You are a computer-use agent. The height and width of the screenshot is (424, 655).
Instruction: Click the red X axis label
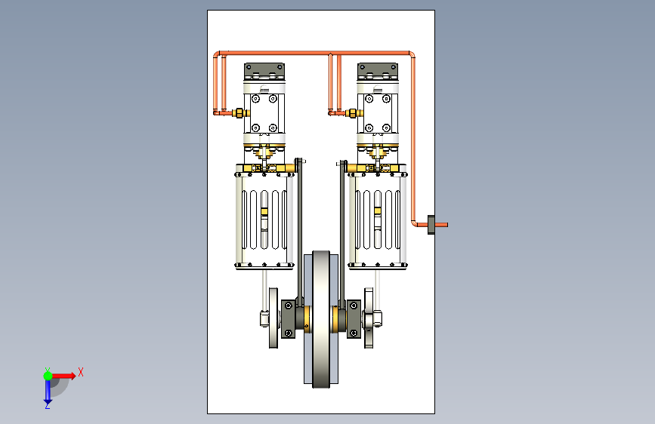81,372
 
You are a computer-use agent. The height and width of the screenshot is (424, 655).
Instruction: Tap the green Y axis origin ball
48,376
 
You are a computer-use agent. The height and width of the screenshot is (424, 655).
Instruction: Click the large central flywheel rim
321,319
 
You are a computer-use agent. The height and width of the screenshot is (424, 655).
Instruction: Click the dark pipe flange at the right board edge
431,225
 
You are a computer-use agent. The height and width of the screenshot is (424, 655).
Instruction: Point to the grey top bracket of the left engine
264,71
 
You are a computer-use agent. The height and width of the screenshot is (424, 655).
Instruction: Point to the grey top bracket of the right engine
378,71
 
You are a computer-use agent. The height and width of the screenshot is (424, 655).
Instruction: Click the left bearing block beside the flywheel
289,319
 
